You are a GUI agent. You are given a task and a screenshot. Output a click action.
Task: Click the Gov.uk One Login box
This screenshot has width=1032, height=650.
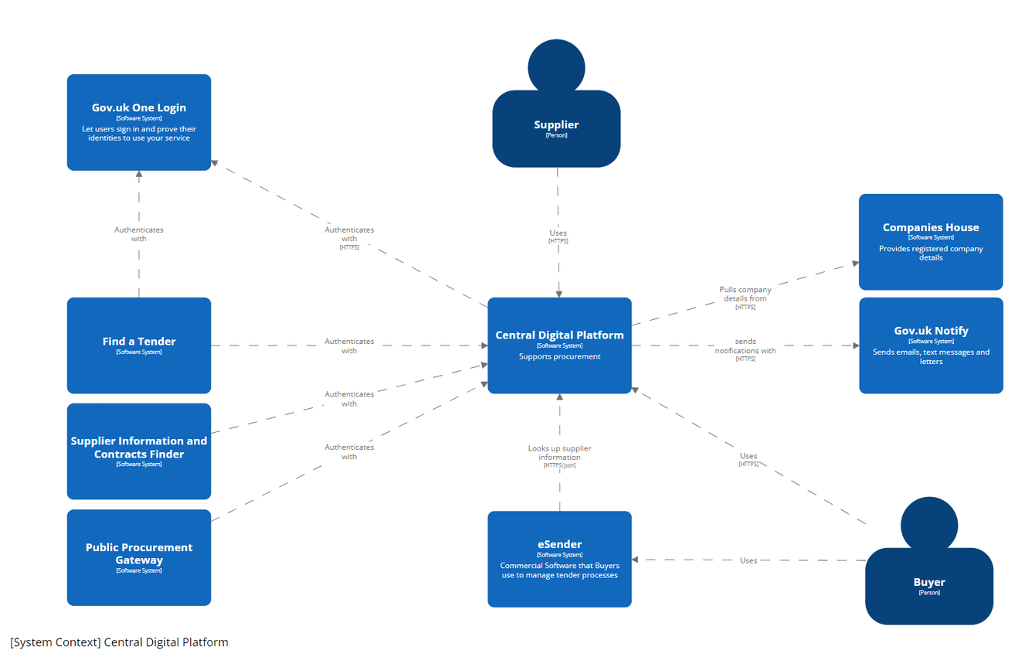click(x=139, y=122)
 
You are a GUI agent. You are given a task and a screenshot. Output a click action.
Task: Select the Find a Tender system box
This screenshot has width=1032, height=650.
click(x=139, y=345)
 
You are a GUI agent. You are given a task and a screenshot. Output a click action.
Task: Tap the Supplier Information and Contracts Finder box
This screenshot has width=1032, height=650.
click(x=139, y=451)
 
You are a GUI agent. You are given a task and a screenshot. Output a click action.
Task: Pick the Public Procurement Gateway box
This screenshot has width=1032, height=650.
click(x=139, y=556)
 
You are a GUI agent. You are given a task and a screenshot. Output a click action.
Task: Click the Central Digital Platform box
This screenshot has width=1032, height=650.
click(x=559, y=345)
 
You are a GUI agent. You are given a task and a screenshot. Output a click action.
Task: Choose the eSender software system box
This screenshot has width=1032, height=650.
click(x=559, y=558)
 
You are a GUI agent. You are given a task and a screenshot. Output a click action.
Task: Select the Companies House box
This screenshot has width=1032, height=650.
click(x=931, y=241)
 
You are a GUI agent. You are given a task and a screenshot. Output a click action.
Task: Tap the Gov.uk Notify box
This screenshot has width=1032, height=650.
click(x=931, y=345)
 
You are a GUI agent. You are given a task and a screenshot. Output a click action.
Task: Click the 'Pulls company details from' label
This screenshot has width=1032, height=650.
click(x=745, y=294)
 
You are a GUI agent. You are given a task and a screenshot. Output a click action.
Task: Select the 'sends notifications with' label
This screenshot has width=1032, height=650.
click(x=745, y=346)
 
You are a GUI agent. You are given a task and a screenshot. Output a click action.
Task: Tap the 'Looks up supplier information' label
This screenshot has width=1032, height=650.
click(x=560, y=453)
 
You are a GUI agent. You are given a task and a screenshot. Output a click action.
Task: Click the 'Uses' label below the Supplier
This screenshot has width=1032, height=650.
click(x=558, y=233)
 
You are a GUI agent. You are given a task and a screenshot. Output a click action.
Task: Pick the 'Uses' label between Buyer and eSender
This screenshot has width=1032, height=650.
click(x=749, y=560)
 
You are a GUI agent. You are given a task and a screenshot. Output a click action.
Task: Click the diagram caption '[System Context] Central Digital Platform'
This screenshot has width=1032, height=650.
click(x=120, y=642)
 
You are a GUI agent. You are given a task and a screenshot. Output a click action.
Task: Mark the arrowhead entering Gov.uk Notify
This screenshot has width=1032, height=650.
click(x=855, y=345)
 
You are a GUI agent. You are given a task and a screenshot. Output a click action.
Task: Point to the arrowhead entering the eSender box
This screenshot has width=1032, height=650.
click(x=637, y=560)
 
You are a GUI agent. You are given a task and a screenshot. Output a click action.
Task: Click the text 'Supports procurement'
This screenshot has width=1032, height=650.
click(x=559, y=356)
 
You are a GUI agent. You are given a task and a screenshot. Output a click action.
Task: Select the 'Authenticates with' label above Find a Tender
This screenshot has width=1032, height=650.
click(x=139, y=234)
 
